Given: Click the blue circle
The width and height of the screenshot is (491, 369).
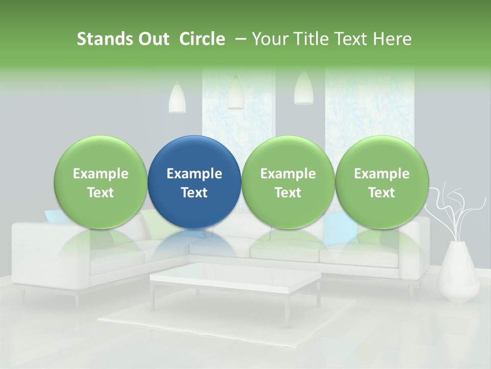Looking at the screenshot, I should point(194,182).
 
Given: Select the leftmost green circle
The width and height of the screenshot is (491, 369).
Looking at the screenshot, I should point(100,182).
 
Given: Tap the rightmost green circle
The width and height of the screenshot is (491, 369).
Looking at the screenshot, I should point(382,182).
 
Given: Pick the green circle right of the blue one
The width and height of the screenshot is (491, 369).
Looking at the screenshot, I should point(288,182).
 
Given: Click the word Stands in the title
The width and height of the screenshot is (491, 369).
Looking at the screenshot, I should point(104,39).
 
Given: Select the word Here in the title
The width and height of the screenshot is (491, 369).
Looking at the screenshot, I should point(392,39).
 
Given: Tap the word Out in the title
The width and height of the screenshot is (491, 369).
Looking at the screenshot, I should point(152,39).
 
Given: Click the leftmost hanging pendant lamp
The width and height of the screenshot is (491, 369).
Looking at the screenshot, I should point(177,98).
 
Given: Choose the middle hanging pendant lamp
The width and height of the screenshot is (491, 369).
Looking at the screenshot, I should point(235,93).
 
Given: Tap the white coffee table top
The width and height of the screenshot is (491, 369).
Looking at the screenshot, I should point(235,279).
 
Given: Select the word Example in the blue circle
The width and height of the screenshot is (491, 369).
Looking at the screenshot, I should point(194,174).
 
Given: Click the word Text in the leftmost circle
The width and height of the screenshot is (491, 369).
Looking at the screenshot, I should point(100,193).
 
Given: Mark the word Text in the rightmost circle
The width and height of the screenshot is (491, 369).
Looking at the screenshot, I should point(382,193).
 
